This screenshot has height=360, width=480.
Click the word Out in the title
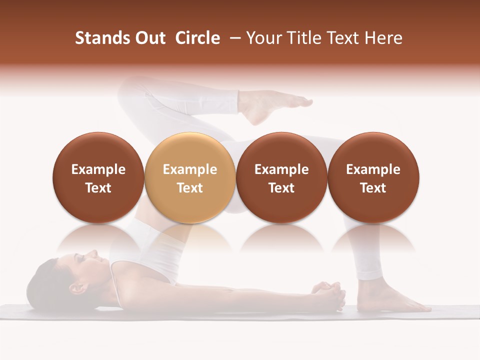150,38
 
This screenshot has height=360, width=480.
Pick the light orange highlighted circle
190,178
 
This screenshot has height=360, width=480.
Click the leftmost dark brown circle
98,178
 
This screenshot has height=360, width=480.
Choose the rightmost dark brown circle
373,178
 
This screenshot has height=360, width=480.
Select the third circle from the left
281,178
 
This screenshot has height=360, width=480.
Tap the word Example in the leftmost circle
98,169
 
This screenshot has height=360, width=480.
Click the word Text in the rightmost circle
373,188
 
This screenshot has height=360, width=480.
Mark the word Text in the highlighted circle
190,188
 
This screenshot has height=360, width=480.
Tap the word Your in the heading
265,38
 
